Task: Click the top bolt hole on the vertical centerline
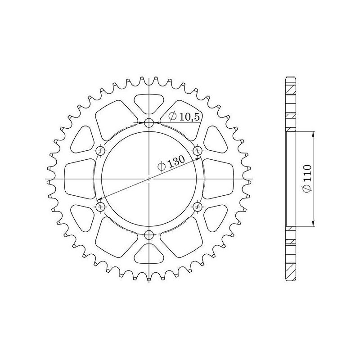point(149,122)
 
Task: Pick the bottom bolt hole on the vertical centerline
point(149,234)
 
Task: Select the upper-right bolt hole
point(197,150)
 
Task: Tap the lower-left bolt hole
point(100,206)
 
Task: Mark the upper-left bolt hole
point(100,150)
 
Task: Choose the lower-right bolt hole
point(197,206)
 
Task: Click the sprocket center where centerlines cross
point(149,179)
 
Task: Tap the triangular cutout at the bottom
point(149,252)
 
